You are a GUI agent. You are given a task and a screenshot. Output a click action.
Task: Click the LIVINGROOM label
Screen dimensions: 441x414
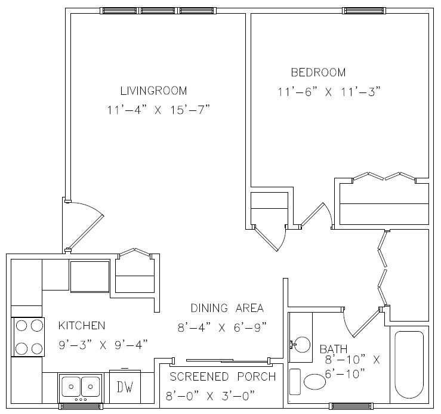tap(153, 91)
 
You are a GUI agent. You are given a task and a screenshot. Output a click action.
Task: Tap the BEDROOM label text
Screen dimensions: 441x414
tap(318, 73)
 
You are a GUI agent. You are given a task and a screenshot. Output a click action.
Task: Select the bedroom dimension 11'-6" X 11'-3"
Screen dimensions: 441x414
tap(329, 92)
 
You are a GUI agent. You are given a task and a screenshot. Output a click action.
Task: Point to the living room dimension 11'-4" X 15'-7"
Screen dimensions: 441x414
tap(159, 110)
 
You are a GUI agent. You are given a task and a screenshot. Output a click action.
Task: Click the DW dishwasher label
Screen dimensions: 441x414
tap(125, 387)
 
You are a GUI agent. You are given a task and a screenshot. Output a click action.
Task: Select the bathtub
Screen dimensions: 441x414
tap(409, 365)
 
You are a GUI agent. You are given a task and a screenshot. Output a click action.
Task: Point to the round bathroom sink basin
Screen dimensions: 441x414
tap(302, 345)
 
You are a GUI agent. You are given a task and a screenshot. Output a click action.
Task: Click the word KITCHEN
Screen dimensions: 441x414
tap(82, 326)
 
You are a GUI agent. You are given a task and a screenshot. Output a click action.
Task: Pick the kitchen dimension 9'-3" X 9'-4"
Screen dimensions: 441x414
tap(103, 345)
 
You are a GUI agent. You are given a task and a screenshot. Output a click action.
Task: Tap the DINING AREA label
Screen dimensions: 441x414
tap(227, 308)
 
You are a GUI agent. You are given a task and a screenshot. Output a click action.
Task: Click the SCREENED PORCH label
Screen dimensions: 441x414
tap(223, 376)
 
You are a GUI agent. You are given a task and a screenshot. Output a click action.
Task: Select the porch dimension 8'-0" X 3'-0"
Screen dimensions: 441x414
tap(211, 396)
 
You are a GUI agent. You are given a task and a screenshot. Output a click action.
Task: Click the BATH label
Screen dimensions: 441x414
tap(334, 349)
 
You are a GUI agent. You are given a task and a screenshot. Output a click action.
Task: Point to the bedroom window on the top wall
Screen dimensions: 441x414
tap(364, 11)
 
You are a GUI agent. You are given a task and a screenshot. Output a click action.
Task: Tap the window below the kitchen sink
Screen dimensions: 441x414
tap(81, 406)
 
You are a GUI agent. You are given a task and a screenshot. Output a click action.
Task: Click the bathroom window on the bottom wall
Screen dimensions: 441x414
tap(351, 406)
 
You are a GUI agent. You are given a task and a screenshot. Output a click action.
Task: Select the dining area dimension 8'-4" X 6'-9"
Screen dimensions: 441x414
tap(222, 328)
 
